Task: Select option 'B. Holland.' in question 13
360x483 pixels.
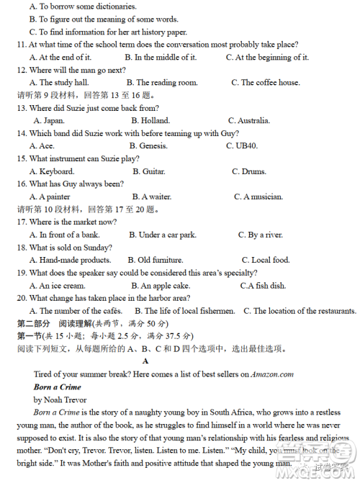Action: click(x=148, y=120)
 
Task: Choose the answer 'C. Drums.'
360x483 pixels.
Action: click(x=249, y=171)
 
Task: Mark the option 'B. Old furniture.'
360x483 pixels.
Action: click(x=156, y=260)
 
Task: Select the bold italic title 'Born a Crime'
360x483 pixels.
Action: click(x=57, y=387)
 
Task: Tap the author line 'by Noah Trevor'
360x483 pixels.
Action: click(x=60, y=400)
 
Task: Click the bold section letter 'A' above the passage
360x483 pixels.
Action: click(x=146, y=361)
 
